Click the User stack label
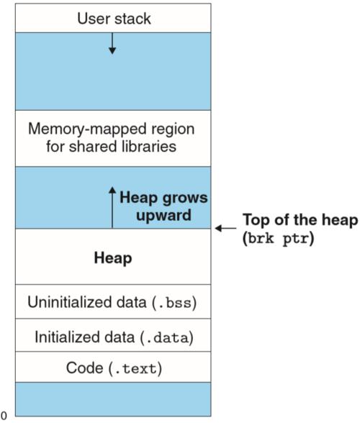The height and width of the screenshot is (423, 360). point(114,19)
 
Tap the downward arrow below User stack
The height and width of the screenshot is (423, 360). point(112,43)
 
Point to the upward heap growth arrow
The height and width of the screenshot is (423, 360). point(112,207)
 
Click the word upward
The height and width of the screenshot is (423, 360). point(163,215)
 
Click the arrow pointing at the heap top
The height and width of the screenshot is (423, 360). point(226,228)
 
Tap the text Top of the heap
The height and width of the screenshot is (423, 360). point(300,220)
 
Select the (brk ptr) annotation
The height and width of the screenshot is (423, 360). point(278,238)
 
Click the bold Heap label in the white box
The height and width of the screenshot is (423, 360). point(113,258)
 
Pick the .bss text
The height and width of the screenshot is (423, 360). point(174,302)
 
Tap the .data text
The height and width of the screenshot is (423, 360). point(167,337)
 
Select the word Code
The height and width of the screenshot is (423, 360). point(84,368)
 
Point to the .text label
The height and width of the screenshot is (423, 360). point(135,368)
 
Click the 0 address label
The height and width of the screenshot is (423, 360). point(4,416)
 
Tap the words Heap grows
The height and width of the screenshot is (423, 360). point(163,198)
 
